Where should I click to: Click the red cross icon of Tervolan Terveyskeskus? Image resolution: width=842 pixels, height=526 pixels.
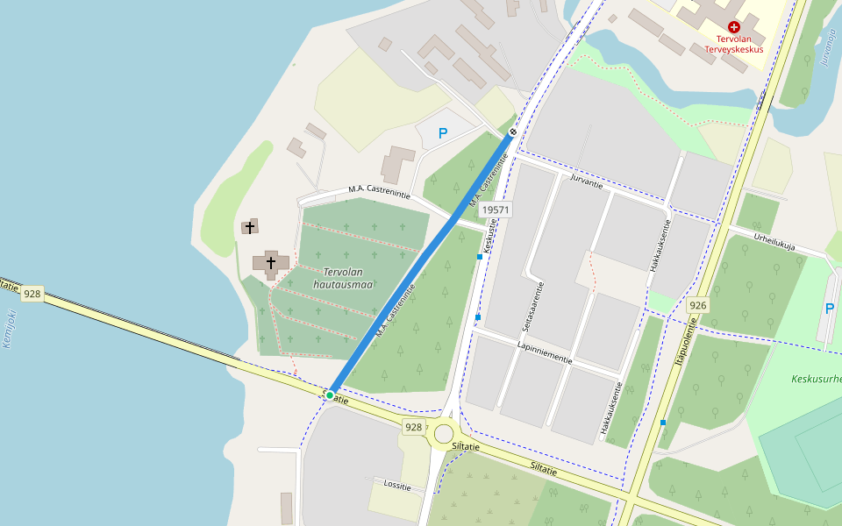coord(734,27)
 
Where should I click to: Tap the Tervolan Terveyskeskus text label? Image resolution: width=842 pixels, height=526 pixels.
coord(734,44)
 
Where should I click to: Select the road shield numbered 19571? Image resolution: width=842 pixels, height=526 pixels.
coord(496,210)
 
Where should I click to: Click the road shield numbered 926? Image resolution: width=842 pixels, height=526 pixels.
coord(698,305)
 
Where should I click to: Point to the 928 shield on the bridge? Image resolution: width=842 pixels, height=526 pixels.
coord(32,294)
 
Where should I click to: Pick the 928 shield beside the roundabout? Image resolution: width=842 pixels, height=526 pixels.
coord(414,427)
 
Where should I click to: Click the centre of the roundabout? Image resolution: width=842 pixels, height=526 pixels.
coord(444,434)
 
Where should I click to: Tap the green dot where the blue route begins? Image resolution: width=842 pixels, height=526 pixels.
coord(330,395)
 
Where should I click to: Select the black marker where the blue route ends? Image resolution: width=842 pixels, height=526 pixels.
coord(513,132)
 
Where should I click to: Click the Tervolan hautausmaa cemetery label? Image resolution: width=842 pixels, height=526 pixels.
coord(343,278)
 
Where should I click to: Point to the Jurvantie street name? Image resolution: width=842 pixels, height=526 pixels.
coord(587,181)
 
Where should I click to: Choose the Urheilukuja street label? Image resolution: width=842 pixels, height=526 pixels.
coord(774,241)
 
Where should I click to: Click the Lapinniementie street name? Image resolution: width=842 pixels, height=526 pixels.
coord(545,353)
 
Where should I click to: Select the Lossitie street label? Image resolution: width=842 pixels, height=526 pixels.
coord(397,484)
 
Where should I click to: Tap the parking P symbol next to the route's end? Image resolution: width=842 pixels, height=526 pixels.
coord(443,133)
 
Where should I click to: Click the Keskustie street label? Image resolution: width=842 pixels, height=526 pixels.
coord(489,236)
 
